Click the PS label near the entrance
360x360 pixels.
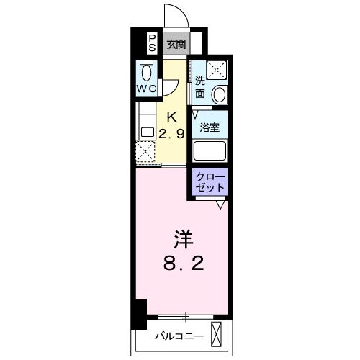point(152,44)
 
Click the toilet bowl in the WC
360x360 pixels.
point(148,73)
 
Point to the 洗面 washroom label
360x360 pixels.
point(199,87)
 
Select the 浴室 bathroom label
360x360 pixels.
point(210,127)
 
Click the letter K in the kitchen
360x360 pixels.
point(173,117)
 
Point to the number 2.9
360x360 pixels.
point(173,133)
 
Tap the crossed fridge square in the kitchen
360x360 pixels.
point(146,152)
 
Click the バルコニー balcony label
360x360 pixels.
point(179,336)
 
